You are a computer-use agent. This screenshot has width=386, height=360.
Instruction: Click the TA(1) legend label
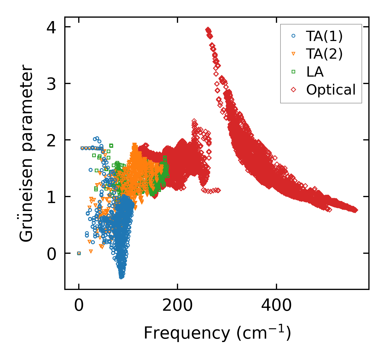click(x=324, y=36)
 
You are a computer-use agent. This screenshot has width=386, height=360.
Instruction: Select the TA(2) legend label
click(x=324, y=54)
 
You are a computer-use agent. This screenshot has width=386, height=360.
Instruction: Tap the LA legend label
click(x=315, y=72)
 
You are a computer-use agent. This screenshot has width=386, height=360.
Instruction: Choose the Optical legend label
click(x=331, y=90)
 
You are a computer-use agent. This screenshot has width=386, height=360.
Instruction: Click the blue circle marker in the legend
click(x=294, y=36)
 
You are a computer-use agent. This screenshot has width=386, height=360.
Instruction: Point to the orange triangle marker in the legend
click(x=294, y=54)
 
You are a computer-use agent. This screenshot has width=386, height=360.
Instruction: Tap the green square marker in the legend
click(x=294, y=72)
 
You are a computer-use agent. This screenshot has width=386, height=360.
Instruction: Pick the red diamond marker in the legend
click(x=294, y=90)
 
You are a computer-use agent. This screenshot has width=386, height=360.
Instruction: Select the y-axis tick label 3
click(x=51, y=84)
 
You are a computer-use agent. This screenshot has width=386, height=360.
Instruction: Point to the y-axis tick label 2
click(x=51, y=140)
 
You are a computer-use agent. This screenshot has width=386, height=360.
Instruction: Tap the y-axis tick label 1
click(x=51, y=197)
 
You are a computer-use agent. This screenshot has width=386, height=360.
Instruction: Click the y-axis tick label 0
click(x=51, y=254)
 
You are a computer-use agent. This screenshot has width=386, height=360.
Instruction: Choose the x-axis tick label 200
click(x=177, y=306)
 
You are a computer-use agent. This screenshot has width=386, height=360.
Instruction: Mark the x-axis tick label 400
click(x=276, y=306)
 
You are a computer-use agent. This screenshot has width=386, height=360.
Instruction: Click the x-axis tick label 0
click(x=79, y=306)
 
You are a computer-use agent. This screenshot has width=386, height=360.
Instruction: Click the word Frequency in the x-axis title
click(x=187, y=333)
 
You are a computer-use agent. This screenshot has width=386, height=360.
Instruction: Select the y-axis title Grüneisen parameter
click(x=26, y=153)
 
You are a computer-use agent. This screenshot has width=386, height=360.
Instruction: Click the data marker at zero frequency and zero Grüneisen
click(x=79, y=253)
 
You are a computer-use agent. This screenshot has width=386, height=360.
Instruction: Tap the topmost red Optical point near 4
click(x=208, y=29)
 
